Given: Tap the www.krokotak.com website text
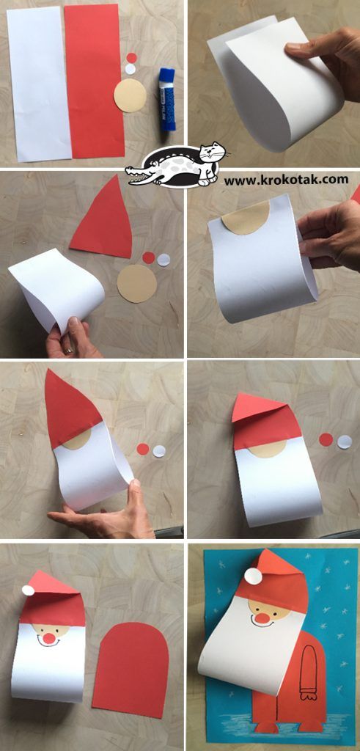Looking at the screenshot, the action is [286, 180].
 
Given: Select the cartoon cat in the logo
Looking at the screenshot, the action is [210, 163].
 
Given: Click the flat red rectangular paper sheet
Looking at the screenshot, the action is [95, 81].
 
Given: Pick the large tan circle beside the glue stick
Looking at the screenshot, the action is [130, 95].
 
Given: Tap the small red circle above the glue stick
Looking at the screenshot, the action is [132, 57].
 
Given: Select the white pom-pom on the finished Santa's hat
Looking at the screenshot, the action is [253, 576].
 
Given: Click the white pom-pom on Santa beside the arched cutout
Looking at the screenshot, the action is [29, 590].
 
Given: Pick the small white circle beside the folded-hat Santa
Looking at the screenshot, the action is [344, 442].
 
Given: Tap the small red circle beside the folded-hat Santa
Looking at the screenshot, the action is [326, 440].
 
